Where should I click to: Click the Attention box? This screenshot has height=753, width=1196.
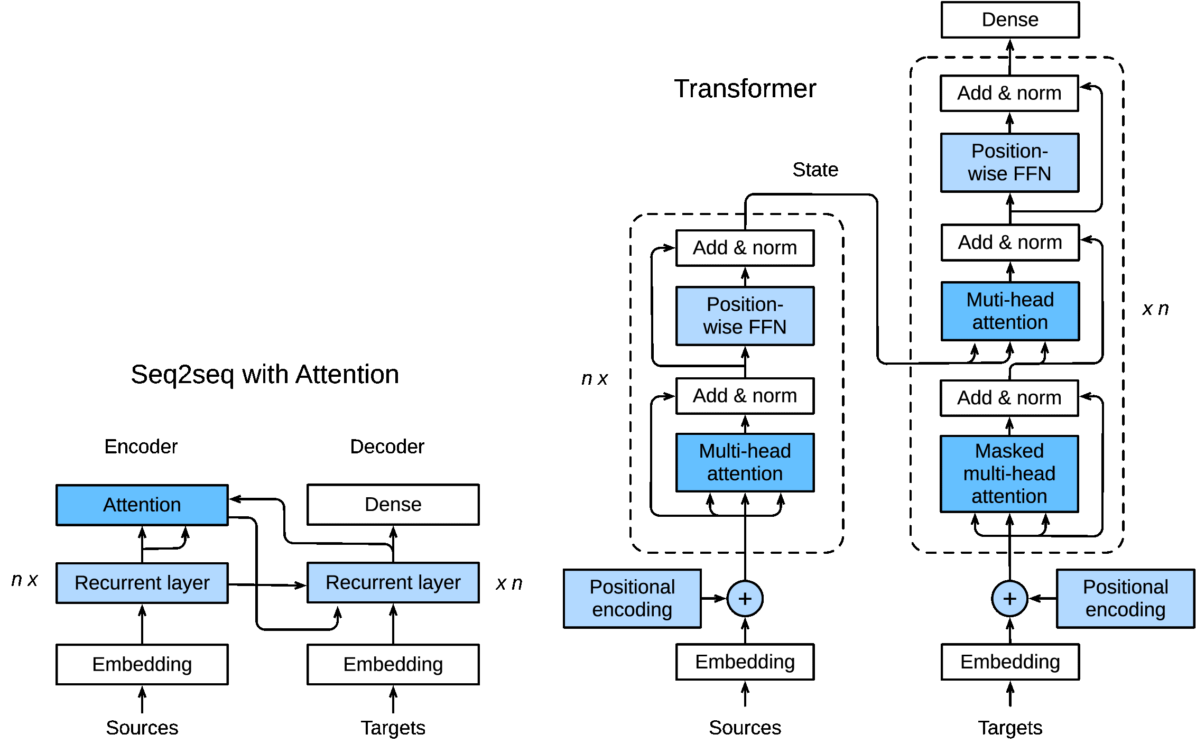[x=142, y=505]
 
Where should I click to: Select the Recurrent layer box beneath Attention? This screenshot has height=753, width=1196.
[x=142, y=582]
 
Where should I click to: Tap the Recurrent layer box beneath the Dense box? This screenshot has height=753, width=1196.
[x=393, y=582]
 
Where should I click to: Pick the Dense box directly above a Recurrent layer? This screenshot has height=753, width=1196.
[x=393, y=504]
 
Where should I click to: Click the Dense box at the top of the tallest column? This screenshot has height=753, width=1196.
[x=1009, y=20]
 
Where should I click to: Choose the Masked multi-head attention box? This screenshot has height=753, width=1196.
[x=1009, y=473]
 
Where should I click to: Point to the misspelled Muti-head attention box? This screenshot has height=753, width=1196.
[x=1009, y=311]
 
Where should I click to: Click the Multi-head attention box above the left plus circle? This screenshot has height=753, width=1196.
[x=745, y=462]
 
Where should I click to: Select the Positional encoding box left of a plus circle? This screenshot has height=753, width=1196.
[x=632, y=598]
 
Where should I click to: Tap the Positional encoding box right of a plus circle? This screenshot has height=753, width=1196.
[x=1125, y=598]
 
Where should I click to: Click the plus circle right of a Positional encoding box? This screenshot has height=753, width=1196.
[x=745, y=598]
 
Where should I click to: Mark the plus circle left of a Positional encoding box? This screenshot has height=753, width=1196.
[x=1009, y=598]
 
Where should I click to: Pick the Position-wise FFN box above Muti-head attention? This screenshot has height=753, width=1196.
[x=1009, y=162]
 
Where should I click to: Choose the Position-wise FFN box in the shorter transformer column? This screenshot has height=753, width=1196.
[x=745, y=315]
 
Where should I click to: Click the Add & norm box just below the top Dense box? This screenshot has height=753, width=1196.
[x=1009, y=93]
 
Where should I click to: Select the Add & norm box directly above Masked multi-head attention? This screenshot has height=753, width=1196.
[x=1009, y=397]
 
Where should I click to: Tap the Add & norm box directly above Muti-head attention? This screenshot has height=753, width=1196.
[x=1009, y=242]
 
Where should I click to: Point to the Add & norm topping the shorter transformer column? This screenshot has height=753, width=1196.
[x=745, y=247]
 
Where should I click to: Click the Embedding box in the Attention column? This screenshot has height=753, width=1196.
[x=142, y=664]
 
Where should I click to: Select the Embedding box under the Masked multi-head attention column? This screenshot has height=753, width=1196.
[x=1009, y=662]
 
